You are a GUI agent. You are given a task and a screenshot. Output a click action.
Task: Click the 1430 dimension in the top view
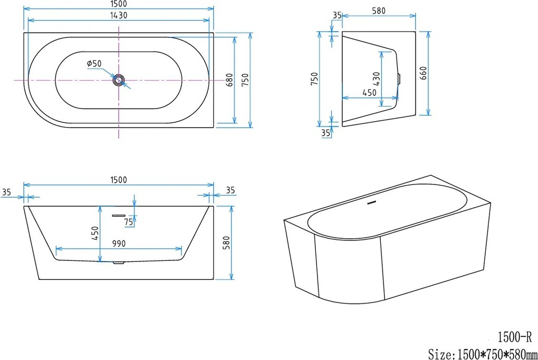click(x=119, y=15)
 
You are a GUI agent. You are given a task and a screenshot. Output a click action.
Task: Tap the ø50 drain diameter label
click(x=94, y=64)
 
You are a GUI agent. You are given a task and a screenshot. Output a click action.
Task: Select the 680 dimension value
click(x=229, y=80)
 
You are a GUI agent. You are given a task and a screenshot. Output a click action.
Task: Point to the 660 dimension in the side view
click(x=423, y=73)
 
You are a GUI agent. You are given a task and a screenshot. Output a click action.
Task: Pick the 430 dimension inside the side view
click(x=376, y=79)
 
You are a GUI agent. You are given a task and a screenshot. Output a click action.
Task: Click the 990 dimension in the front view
click(x=119, y=244)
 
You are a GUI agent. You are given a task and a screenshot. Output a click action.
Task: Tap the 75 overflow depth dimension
click(x=128, y=222)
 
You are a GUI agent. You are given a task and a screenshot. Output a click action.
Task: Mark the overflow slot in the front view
click(x=118, y=215)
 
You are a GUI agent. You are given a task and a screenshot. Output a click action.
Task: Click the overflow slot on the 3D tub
click(x=372, y=202)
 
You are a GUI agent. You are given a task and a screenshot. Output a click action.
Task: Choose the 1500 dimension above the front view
click(x=119, y=180)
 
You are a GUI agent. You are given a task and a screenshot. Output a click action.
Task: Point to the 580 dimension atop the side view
click(x=378, y=11)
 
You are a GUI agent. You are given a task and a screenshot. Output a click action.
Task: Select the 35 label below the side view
click(x=326, y=133)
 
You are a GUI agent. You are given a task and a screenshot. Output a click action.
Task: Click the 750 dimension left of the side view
click(x=314, y=79)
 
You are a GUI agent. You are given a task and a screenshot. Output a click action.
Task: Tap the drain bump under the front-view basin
click(x=119, y=262)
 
